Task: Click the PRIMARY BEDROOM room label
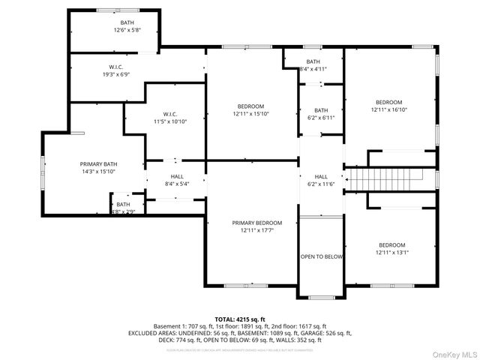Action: [x=256, y=223]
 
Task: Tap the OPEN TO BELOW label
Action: [x=322, y=256]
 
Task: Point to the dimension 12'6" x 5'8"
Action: [x=127, y=30]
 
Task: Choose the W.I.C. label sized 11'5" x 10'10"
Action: [x=169, y=114]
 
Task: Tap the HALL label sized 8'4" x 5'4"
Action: [x=177, y=176]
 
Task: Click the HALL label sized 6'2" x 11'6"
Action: [x=321, y=176]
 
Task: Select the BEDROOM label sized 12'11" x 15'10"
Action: [x=250, y=106]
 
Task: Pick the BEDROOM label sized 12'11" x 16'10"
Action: [x=388, y=102]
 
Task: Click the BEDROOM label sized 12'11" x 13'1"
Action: [x=391, y=245]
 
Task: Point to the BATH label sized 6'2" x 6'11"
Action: [x=321, y=110]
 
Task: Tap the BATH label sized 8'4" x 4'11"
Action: [x=313, y=61]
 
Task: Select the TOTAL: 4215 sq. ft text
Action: [x=240, y=319]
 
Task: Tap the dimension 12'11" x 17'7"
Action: [x=256, y=230]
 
